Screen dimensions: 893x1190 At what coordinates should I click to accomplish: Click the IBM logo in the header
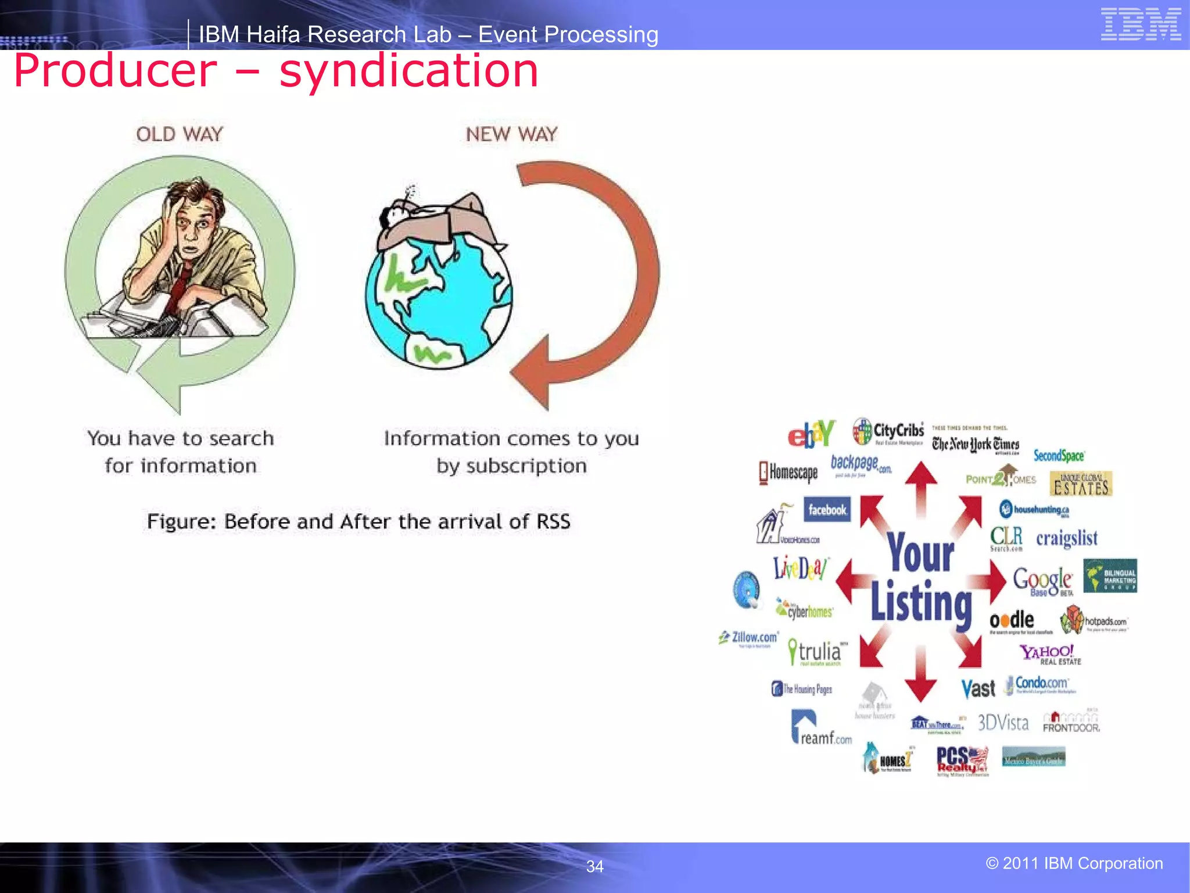(1141, 24)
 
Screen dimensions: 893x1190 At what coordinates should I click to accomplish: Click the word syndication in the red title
(408, 71)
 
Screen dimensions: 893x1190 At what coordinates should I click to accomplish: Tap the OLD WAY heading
(180, 134)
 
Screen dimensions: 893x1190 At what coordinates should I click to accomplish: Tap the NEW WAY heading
(511, 134)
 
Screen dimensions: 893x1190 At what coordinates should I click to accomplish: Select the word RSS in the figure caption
(553, 521)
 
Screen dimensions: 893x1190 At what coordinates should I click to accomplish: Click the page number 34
(594, 867)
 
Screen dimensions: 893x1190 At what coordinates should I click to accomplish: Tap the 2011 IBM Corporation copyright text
(1074, 863)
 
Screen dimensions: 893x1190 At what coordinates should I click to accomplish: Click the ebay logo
(811, 434)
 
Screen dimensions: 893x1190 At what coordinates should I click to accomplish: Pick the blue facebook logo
(827, 510)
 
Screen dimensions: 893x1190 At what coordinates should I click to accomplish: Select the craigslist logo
(1067, 538)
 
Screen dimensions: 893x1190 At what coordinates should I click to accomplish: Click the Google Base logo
(1043, 580)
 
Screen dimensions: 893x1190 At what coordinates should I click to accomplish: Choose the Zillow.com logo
(750, 638)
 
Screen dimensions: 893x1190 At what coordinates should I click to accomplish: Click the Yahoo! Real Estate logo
(1050, 654)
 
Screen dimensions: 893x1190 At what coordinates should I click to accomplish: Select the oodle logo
(1012, 620)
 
